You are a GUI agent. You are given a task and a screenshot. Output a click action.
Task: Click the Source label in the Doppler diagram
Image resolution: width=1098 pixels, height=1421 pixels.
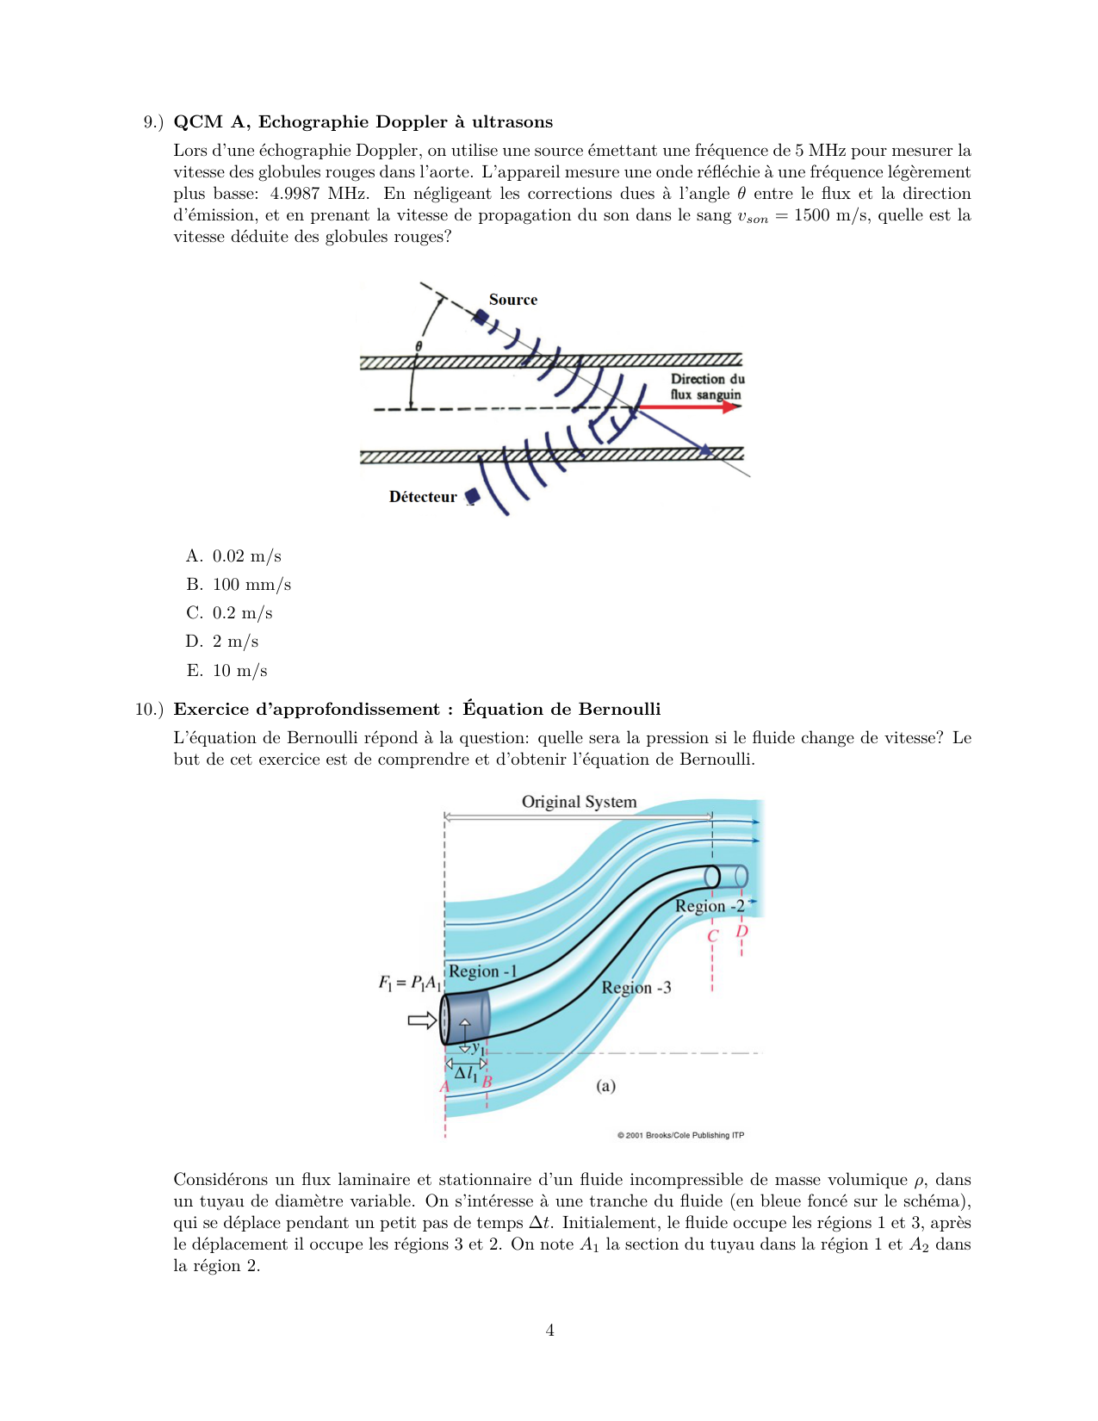pos(512,300)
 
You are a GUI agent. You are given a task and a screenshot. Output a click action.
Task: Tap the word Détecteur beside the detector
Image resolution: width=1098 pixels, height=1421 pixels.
pos(423,497)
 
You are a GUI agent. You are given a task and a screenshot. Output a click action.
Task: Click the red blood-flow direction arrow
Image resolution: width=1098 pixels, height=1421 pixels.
pos(689,406)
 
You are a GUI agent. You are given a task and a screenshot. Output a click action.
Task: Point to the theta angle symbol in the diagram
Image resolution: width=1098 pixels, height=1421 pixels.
pos(419,346)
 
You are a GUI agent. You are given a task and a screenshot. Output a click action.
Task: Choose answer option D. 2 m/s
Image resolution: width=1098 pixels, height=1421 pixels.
pos(223,642)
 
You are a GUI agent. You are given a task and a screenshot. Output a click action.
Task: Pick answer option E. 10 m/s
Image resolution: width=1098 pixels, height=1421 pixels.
pos(227,671)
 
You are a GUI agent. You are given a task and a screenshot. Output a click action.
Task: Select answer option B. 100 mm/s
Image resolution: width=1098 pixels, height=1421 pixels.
pos(239,585)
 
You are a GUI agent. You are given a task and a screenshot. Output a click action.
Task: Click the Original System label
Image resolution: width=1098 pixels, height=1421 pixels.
pos(579,802)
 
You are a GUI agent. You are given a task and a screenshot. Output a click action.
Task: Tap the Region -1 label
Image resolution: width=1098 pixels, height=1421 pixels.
pos(482,971)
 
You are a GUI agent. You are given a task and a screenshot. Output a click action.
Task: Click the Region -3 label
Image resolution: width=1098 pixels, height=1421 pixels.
pos(636,988)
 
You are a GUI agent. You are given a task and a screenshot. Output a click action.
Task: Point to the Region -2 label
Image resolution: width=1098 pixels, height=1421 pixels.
pos(710,906)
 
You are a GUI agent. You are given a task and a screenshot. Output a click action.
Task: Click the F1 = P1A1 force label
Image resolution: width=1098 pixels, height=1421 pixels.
pos(410,983)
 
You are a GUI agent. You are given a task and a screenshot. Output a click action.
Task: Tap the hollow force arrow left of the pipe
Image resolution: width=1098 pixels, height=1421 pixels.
pos(422,1021)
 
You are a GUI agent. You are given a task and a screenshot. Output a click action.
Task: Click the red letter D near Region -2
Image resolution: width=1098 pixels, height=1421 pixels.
pos(741,932)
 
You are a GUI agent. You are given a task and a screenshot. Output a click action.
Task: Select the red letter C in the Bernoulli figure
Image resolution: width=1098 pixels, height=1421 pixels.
pos(712,936)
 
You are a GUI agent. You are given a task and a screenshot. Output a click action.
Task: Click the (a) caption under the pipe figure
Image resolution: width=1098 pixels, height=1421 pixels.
pos(606,1086)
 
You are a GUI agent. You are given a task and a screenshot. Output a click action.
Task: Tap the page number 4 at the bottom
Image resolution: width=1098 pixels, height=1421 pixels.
pos(549,1331)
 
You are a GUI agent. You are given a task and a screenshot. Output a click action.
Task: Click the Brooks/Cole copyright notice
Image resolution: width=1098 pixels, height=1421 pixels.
pos(680,1135)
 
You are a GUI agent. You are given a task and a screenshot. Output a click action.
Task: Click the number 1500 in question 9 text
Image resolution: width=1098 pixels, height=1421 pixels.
pos(811,215)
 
